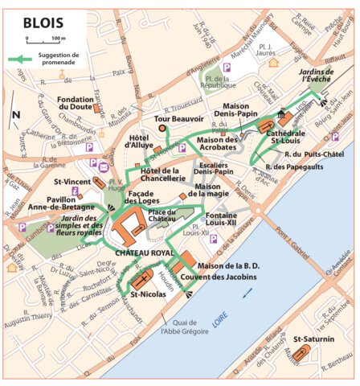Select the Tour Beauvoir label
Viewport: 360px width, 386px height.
(x=179, y=118)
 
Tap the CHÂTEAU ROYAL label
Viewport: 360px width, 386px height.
(x=145, y=253)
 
